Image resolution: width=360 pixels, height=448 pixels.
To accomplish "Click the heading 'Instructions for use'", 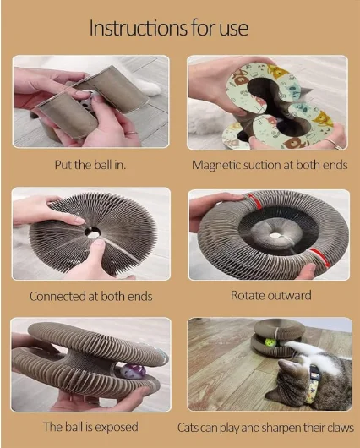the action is (x=168, y=28).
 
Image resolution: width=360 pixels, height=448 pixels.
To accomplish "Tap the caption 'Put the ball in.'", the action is (x=90, y=165).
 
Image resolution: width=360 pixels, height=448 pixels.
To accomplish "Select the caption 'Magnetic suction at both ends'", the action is (x=270, y=165).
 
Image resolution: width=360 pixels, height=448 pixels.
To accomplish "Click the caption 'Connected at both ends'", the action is (x=91, y=297).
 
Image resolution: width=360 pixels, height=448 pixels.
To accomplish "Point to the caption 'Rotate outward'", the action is (x=271, y=296).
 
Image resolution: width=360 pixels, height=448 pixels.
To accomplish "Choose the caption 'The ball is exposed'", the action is (x=90, y=427).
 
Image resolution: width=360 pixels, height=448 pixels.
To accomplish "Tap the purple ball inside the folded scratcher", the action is (x=133, y=372).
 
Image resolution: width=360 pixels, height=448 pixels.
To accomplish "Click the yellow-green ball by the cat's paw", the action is (x=270, y=342).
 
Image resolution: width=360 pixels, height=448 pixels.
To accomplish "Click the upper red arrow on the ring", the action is (x=255, y=201).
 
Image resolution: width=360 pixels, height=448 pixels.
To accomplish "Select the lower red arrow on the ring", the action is (x=319, y=256).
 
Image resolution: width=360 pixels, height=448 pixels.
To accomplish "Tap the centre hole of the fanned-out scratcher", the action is (x=93, y=232).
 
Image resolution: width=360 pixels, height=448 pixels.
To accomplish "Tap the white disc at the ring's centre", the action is (x=275, y=236).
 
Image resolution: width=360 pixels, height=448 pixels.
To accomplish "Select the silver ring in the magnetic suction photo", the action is (x=333, y=144).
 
